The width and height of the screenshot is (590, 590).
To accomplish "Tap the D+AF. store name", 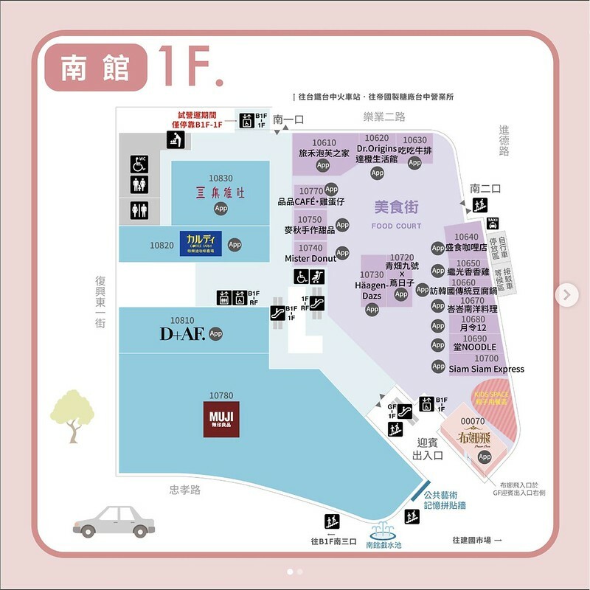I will pyautogui.click(x=182, y=334).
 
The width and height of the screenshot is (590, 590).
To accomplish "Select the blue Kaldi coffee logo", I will pyautogui.click(x=201, y=243).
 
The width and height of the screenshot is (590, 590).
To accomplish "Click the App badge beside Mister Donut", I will pyautogui.click(x=342, y=254).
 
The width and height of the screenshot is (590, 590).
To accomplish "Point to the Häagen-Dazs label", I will pyautogui.click(x=372, y=290).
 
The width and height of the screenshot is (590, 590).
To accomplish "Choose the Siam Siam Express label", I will pyautogui.click(x=487, y=369).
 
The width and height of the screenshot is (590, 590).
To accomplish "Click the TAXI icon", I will pyautogui.click(x=493, y=223).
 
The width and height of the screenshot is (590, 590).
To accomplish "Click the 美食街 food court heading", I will pyautogui.click(x=397, y=209).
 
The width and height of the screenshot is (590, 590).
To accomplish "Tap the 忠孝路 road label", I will pyautogui.click(x=184, y=490).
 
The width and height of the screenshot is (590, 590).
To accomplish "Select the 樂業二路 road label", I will pyautogui.click(x=384, y=117).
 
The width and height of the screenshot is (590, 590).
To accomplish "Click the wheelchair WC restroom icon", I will pyautogui.click(x=139, y=164).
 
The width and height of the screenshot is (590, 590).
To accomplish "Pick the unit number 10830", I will pyautogui.click(x=221, y=178).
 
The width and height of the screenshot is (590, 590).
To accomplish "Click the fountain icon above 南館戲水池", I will pyautogui.click(x=383, y=530).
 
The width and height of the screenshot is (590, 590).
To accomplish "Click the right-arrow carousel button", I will pyautogui.click(x=566, y=295).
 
